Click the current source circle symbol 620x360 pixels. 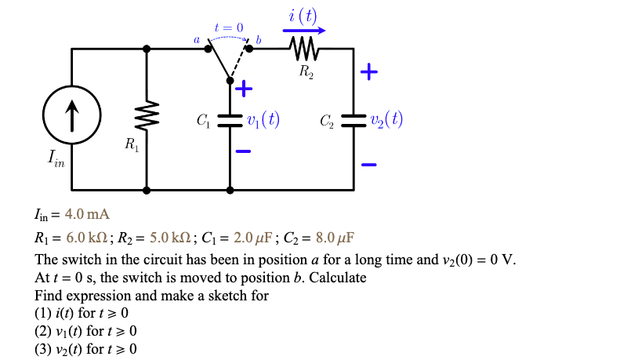pos(71,119)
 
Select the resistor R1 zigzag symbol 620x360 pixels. pos(147,119)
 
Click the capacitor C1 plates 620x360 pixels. pos(230,119)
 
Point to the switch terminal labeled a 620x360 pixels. pos(208,49)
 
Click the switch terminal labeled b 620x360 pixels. pos(250,49)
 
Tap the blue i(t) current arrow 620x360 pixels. pos(303,31)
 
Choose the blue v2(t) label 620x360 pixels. pos(386,120)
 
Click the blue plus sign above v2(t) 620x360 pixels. pos(368,74)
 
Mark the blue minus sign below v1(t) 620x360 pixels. pos(244,151)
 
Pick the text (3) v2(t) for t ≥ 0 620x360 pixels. pos(85,348)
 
